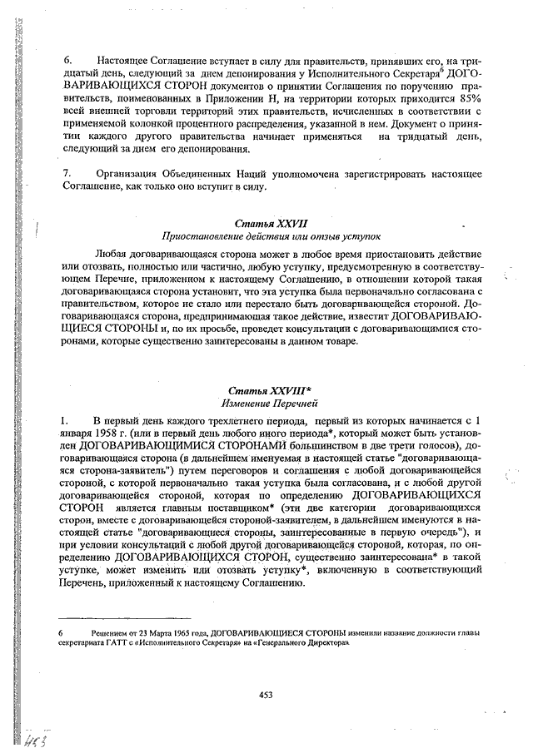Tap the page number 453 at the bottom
point(266,695)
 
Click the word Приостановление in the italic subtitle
point(207,237)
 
